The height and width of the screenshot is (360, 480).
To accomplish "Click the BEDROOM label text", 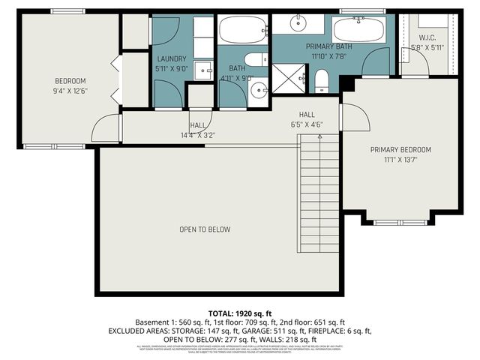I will point(70,81).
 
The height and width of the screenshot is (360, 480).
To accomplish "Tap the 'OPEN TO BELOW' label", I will point(204,229).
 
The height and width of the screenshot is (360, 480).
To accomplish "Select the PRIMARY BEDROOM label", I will point(400,149).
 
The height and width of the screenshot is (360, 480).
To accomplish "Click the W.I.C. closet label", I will point(427,38).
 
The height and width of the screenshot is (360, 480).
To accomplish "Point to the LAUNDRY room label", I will point(172,58).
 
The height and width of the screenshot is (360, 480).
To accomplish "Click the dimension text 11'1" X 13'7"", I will point(400,159).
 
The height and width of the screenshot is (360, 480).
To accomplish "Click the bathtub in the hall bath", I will point(242,31).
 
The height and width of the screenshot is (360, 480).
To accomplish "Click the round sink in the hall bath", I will point(259,91).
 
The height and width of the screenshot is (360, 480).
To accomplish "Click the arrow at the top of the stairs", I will point(320,137).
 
